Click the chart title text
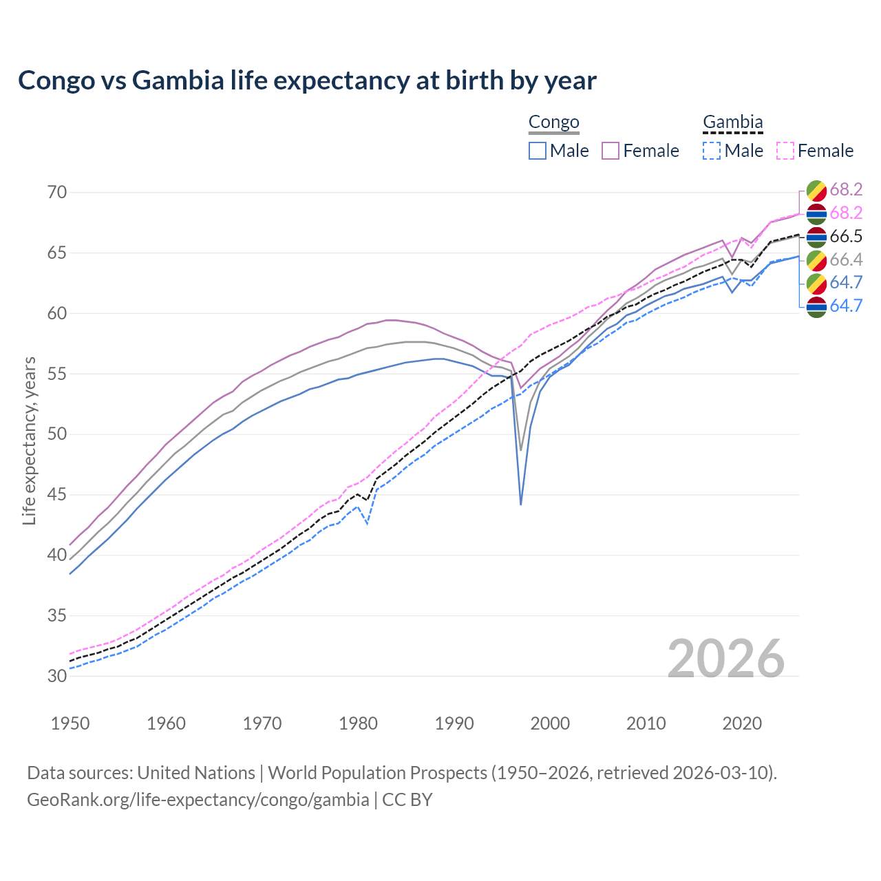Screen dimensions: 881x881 pyautogui.click(x=307, y=81)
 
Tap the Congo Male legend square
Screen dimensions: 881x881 pyautogui.click(x=538, y=151)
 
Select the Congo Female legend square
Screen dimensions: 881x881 pyautogui.click(x=611, y=151)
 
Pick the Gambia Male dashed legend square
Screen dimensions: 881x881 pyautogui.click(x=712, y=151)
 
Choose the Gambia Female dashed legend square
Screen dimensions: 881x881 pyautogui.click(x=785, y=151)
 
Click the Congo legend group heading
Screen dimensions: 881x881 pyautogui.click(x=553, y=123)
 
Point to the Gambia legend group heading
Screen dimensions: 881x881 pyautogui.click(x=732, y=123)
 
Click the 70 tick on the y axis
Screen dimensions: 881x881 pyautogui.click(x=57, y=192)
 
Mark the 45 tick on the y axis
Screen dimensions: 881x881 pyautogui.click(x=57, y=495)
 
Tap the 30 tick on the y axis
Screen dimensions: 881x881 pyautogui.click(x=57, y=676)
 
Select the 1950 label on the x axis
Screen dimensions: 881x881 pyautogui.click(x=70, y=723)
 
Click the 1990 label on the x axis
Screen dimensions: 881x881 pyautogui.click(x=454, y=723)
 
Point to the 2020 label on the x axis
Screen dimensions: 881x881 pyautogui.click(x=742, y=723)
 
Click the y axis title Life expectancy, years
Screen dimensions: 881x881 pyautogui.click(x=29, y=440)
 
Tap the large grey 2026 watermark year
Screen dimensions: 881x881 pyautogui.click(x=725, y=659)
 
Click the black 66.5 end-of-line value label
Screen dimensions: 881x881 pyautogui.click(x=845, y=237)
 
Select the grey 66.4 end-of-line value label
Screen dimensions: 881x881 pyautogui.click(x=845, y=259)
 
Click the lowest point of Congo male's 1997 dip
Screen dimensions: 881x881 pyautogui.click(x=521, y=504)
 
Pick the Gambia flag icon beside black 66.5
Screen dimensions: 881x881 pyautogui.click(x=816, y=237)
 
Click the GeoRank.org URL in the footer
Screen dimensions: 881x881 pyautogui.click(x=198, y=800)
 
